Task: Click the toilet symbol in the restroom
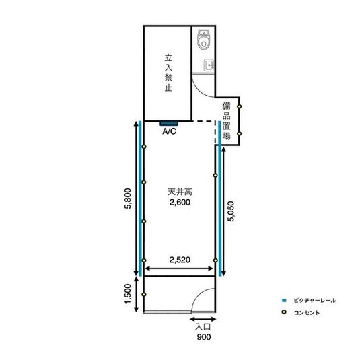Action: [x=203, y=39]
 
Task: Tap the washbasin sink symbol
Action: [x=209, y=65]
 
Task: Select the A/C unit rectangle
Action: [x=169, y=124]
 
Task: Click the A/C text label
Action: [x=169, y=131]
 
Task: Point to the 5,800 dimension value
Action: [x=128, y=199]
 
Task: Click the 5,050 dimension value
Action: [x=231, y=211]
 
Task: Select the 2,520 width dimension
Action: [x=180, y=260]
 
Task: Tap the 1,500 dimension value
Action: [x=128, y=294]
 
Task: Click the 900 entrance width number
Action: [x=204, y=337]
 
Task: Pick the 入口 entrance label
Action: [x=203, y=327]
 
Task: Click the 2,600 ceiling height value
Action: [x=180, y=203]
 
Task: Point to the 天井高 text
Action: [x=180, y=192]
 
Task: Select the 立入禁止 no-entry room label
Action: [x=168, y=73]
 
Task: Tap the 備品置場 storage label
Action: [x=227, y=121]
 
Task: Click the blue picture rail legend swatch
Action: [x=284, y=300]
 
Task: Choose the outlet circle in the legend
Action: [x=284, y=312]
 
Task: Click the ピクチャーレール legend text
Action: [x=314, y=300]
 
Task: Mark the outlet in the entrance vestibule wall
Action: [x=144, y=294]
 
